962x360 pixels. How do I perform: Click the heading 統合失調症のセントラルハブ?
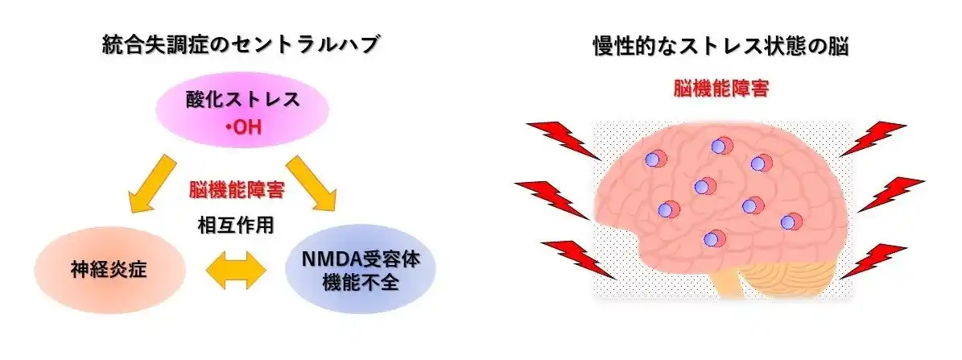[240, 45]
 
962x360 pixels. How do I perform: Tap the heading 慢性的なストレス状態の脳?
[720, 47]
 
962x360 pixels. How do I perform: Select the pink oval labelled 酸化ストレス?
[244, 110]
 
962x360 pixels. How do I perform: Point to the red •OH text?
[244, 128]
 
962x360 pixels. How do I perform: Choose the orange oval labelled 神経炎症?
[109, 271]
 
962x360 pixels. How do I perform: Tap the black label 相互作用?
[236, 226]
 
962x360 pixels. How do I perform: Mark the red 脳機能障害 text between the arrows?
[236, 190]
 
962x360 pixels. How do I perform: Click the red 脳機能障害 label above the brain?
[720, 89]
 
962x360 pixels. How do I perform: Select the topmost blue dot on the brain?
[720, 146]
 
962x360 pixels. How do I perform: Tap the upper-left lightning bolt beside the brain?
[563, 140]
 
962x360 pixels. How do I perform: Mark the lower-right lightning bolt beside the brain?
[873, 261]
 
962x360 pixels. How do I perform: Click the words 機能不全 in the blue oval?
[361, 283]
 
